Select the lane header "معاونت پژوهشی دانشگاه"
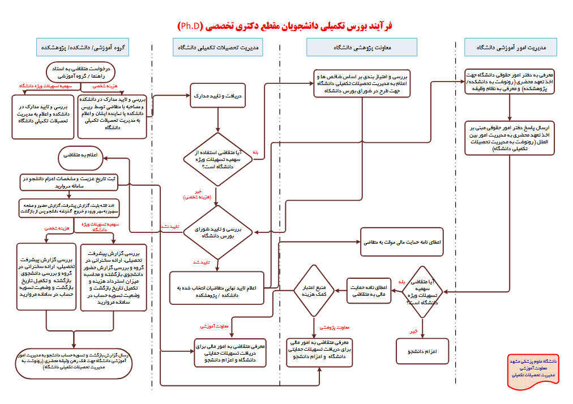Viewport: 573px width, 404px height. (362, 47)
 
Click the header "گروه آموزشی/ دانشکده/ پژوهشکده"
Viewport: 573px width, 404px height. (83, 47)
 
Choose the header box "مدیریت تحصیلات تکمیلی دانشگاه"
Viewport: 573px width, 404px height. (217, 47)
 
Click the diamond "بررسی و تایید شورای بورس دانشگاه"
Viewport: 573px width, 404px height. (218, 231)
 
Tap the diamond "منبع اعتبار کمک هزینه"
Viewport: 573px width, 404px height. (314, 291)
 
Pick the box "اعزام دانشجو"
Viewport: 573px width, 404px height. (422, 351)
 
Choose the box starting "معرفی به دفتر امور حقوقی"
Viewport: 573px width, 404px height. (510, 83)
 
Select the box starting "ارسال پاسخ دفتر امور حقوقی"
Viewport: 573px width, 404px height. (510, 138)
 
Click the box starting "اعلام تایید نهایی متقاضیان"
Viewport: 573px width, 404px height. (218, 288)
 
